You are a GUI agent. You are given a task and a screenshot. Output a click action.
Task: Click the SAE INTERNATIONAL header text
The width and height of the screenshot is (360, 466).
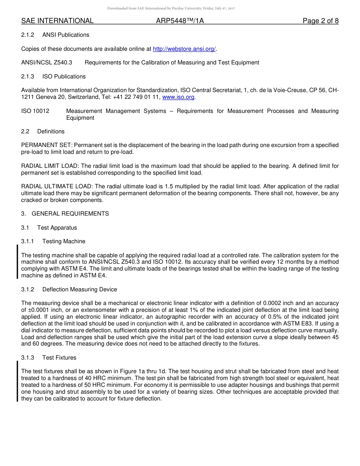pyautogui.click(x=57, y=21)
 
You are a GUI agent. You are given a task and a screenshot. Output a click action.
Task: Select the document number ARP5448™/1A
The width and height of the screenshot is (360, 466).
pyautogui.click(x=180, y=21)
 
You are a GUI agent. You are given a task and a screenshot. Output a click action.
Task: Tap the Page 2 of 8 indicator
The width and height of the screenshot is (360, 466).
pyautogui.click(x=320, y=21)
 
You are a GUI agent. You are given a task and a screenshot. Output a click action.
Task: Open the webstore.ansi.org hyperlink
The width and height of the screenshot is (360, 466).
pyautogui.click(x=184, y=49)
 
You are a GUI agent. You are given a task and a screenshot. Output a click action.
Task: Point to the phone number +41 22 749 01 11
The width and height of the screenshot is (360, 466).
pyautogui.click(x=136, y=97)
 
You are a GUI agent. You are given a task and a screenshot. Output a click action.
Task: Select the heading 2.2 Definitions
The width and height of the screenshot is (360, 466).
pyautogui.click(x=43, y=131)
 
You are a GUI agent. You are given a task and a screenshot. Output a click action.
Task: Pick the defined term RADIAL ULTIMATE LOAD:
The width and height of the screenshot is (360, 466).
pyautogui.click(x=57, y=186)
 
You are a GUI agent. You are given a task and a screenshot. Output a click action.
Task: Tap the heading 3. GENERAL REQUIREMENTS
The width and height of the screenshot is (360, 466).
pyautogui.click(x=65, y=214)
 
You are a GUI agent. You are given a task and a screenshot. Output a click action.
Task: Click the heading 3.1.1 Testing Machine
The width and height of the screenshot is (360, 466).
pyautogui.click(x=53, y=241)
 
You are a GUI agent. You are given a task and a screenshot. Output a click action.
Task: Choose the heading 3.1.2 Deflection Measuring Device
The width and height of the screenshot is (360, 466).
pyautogui.click(x=69, y=289)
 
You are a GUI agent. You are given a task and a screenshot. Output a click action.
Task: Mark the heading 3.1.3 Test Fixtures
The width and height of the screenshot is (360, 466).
pyautogui.click(x=49, y=358)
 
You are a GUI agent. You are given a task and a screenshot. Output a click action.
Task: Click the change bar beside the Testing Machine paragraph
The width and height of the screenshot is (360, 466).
pyautogui.click(x=17, y=262)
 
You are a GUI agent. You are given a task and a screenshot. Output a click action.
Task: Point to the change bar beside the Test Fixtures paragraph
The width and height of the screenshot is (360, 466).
pyautogui.click(x=17, y=381)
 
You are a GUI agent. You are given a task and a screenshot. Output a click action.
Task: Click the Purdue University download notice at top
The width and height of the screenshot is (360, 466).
pyautogui.click(x=171, y=8)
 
